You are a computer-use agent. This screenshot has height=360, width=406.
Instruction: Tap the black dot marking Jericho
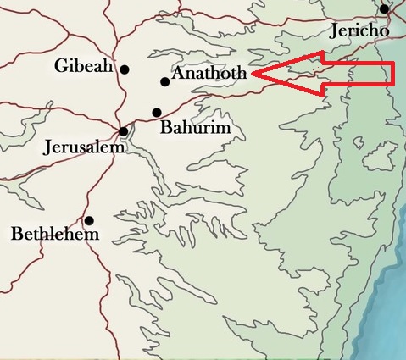click(x=385, y=9)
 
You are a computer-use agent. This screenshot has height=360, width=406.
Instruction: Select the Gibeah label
click(x=83, y=66)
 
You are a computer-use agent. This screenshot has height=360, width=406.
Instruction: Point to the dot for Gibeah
click(x=125, y=69)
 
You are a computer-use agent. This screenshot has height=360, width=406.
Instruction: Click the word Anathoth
click(x=209, y=75)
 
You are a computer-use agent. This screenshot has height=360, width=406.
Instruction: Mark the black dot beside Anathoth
click(x=164, y=81)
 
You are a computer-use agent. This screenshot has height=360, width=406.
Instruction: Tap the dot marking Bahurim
click(x=156, y=112)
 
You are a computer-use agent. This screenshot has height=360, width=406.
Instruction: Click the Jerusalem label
click(x=84, y=147)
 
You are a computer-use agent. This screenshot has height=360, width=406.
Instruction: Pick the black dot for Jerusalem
click(x=124, y=131)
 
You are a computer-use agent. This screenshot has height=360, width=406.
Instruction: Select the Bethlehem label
click(x=55, y=233)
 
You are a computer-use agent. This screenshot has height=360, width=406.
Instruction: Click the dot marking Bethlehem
click(x=89, y=220)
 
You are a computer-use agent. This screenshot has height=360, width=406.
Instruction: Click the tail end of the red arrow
click(x=394, y=75)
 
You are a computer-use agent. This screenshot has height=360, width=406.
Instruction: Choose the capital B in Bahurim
click(x=165, y=129)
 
